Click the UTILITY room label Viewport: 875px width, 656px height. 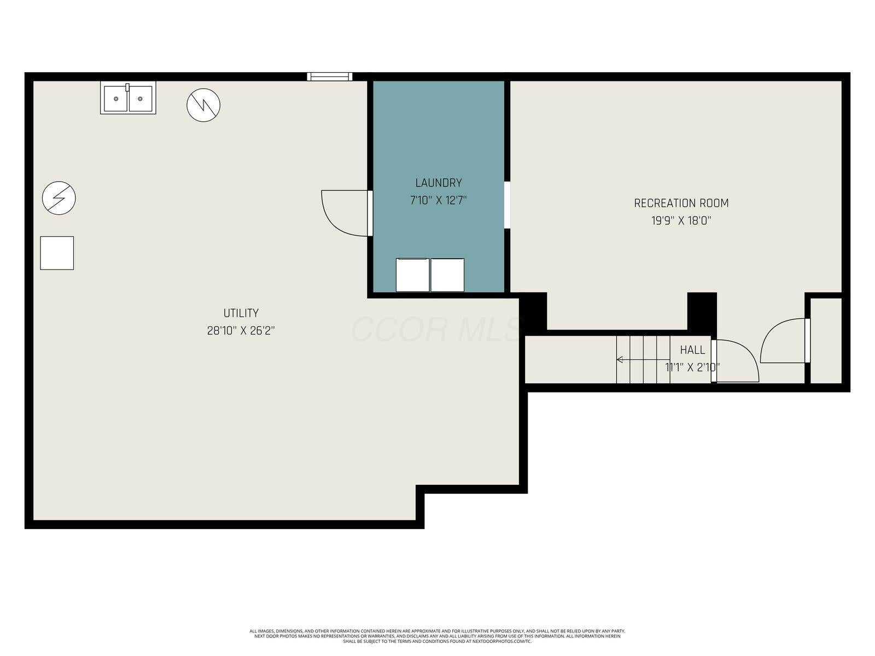point(241,313)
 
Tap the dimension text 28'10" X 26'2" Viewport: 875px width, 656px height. point(241,331)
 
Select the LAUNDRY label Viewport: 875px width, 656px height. point(438,183)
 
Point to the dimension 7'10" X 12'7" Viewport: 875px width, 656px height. point(438,201)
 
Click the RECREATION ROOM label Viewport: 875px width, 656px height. point(681,203)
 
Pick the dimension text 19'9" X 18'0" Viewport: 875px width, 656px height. point(681,221)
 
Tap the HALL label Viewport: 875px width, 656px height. point(692,350)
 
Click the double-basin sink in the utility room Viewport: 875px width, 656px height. point(128,98)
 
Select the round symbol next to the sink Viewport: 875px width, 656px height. point(203,105)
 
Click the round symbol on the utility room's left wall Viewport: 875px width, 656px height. point(59,198)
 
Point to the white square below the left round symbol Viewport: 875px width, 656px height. point(57,253)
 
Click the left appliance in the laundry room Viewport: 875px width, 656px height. point(412,275)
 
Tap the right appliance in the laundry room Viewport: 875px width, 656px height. point(447,275)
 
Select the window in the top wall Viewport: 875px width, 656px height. point(329,77)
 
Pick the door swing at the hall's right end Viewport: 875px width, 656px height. point(736,361)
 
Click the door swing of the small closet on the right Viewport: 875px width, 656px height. point(782,341)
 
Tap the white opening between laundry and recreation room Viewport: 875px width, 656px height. point(507,205)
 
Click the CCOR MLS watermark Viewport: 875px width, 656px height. point(437,329)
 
